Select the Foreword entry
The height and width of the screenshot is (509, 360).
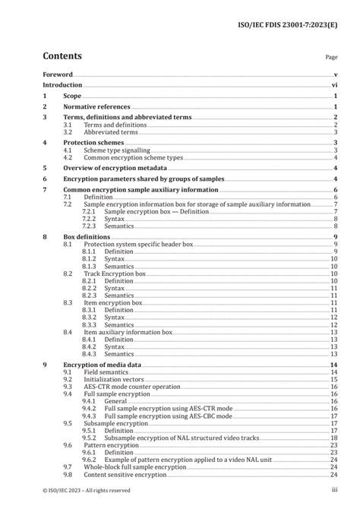click(x=58, y=74)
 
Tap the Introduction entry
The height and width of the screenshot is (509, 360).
click(x=62, y=86)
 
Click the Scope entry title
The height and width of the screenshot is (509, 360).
click(x=72, y=96)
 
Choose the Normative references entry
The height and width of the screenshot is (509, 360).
click(x=96, y=108)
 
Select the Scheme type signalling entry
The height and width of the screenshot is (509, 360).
click(x=112, y=150)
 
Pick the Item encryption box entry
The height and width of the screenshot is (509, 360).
click(x=112, y=302)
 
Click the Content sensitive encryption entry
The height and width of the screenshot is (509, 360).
click(x=124, y=474)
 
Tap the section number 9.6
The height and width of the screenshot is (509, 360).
click(x=68, y=445)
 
